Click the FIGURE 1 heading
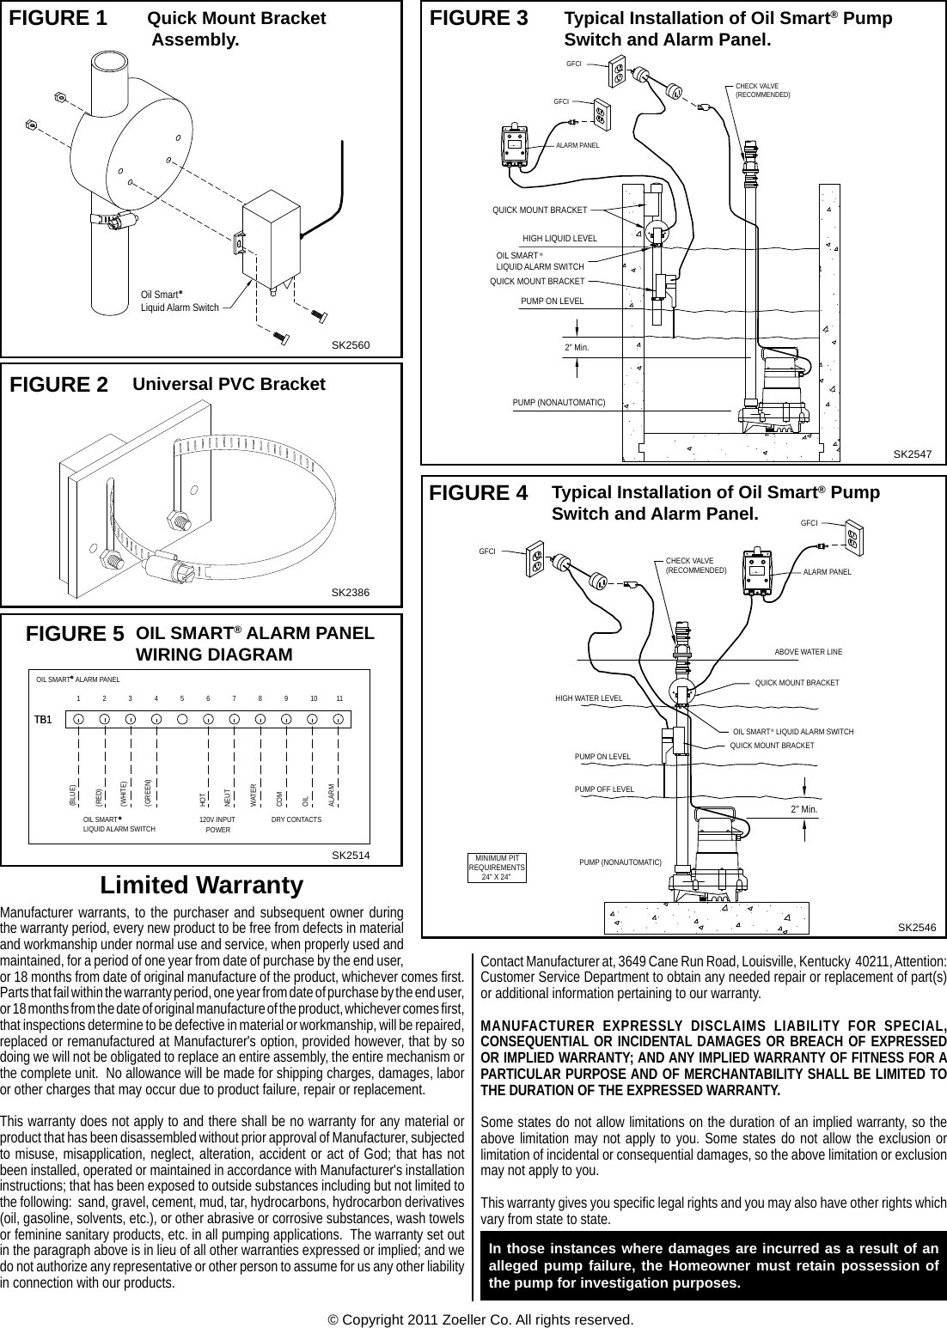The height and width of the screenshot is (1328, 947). [58, 18]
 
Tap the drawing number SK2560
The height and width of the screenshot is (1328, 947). [350, 344]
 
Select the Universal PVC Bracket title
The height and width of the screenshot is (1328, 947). [229, 384]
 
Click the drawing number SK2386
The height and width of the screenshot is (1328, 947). [350, 593]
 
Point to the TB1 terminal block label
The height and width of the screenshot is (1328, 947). [44, 718]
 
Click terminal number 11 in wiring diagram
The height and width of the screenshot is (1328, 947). [339, 699]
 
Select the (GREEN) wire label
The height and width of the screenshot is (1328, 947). [148, 792]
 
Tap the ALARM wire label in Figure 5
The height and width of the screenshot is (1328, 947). [332, 795]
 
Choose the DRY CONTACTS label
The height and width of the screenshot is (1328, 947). [296, 819]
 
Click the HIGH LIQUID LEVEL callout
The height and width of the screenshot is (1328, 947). [559, 238]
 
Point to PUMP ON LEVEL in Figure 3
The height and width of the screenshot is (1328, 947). [552, 301]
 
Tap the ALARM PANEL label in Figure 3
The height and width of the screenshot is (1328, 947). [577, 146]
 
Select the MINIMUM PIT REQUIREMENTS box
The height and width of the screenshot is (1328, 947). [497, 868]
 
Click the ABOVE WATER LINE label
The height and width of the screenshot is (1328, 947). [808, 652]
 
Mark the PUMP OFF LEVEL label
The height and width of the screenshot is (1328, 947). [604, 789]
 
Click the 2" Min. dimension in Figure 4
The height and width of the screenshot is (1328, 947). [803, 809]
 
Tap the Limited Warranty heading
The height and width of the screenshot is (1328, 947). [202, 885]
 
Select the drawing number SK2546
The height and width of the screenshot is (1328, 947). [916, 927]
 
